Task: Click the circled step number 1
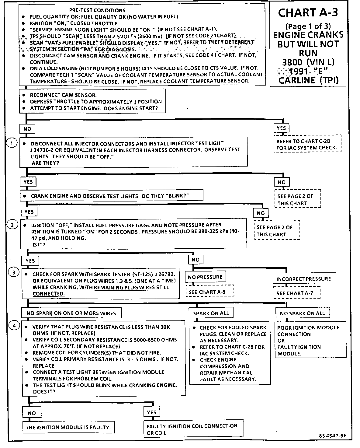(12, 143)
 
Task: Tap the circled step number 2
(12, 225)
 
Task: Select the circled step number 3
(14, 272)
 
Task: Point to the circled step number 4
(14, 325)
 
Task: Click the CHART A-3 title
(308, 13)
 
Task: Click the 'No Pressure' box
(205, 277)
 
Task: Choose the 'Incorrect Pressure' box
(303, 279)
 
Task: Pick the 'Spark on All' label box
(211, 313)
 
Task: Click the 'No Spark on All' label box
(302, 313)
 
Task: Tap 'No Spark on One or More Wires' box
(71, 313)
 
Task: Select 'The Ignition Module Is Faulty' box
(68, 427)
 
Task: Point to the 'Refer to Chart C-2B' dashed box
(307, 145)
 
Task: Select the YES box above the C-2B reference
(281, 128)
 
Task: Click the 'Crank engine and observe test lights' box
(112, 196)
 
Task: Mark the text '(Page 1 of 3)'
(308, 26)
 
